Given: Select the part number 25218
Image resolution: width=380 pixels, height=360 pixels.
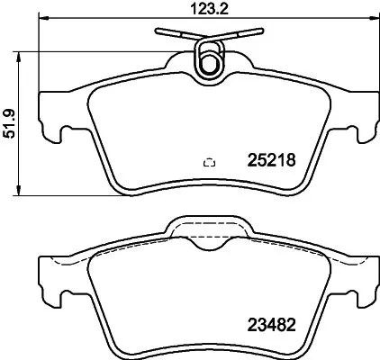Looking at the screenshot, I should tap(271, 162).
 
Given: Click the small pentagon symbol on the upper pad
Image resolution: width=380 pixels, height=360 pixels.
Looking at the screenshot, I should tap(209, 162).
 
